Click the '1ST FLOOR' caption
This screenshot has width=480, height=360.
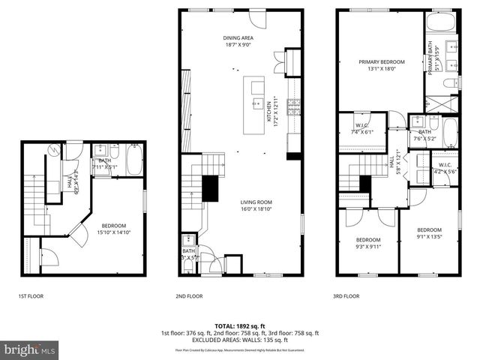(x=31, y=296)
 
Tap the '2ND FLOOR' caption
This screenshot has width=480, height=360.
(x=189, y=296)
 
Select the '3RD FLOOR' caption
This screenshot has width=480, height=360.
(x=346, y=296)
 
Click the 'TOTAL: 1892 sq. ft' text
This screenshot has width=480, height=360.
(x=239, y=325)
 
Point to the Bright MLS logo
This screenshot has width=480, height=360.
(x=29, y=349)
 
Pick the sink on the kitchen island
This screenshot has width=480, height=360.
(x=256, y=103)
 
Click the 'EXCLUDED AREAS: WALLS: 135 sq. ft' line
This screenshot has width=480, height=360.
(x=239, y=339)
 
